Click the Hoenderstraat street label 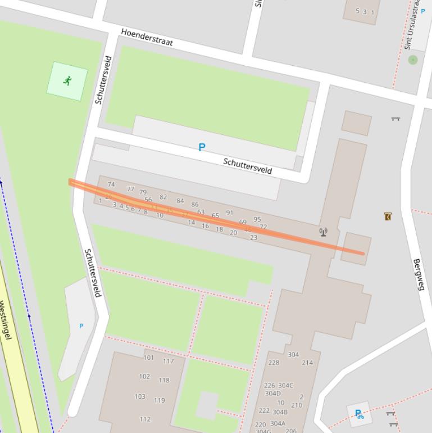click(147, 38)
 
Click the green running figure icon click(67, 81)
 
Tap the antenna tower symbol click(323, 232)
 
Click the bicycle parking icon click(359, 415)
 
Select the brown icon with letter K click(388, 216)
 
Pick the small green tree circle click(413, 60)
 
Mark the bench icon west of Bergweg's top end click(396, 119)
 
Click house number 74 click(111, 184)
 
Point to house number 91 click(229, 213)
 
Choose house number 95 click(257, 219)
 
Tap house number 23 click(253, 237)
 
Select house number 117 click(168, 361)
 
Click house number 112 click(145, 419)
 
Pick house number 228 click(274, 363)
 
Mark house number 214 click(307, 363)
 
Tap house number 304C click(286, 385)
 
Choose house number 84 click(180, 201)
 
